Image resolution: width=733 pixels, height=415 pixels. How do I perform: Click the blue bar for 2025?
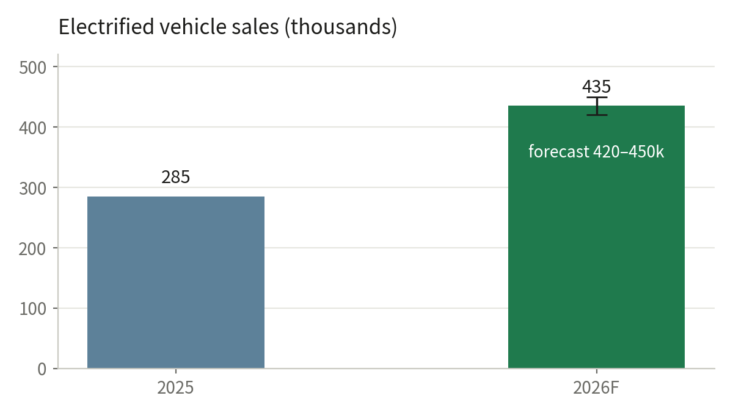(x=176, y=282)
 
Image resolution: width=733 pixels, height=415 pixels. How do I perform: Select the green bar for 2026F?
(x=596, y=237)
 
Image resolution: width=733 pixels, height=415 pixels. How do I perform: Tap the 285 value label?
(x=176, y=177)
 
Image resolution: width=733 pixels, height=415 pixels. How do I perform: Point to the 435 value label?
(x=596, y=87)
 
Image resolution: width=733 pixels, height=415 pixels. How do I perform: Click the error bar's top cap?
(x=597, y=98)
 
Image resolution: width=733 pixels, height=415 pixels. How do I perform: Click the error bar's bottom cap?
(x=597, y=115)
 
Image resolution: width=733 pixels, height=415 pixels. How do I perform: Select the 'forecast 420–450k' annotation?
(x=596, y=152)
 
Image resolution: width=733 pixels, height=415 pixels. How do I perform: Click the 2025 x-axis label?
(x=175, y=388)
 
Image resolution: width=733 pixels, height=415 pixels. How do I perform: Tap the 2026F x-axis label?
(x=596, y=388)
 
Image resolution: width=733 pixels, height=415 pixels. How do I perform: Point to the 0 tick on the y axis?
(x=42, y=369)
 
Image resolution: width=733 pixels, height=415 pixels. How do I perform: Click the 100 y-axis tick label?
(x=33, y=309)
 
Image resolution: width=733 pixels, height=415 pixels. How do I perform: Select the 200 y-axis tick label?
(x=33, y=249)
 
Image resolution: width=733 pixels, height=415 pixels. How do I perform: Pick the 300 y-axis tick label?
(x=33, y=189)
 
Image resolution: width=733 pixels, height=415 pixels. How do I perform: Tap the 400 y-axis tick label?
(x=33, y=128)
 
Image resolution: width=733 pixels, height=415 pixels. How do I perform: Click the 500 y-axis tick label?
(x=33, y=68)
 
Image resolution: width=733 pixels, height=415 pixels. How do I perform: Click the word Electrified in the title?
(x=106, y=26)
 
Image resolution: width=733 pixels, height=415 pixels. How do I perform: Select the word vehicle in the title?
(x=193, y=26)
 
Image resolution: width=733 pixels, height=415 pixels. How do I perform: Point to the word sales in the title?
(x=255, y=26)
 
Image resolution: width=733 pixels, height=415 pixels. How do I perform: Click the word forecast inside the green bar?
(x=559, y=152)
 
